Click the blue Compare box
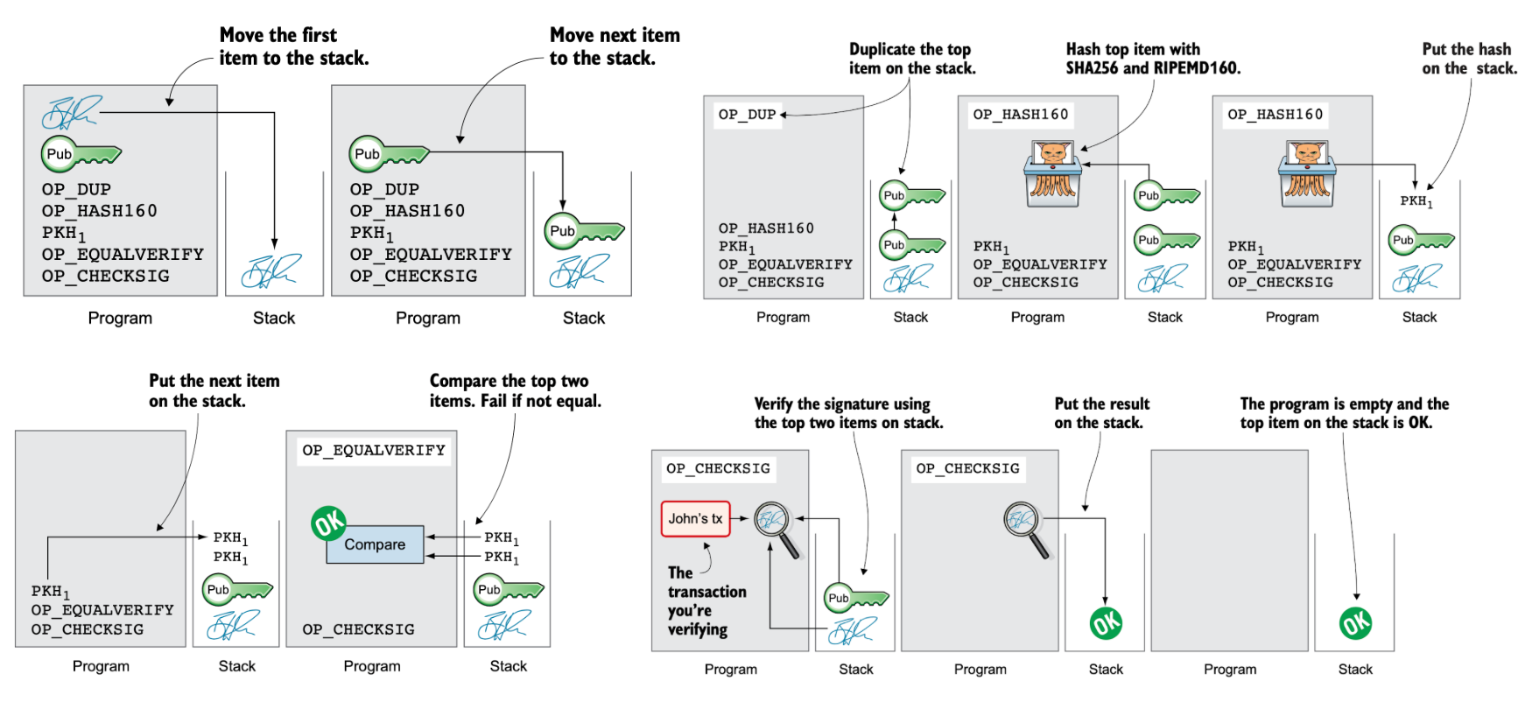(375, 544)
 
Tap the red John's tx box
(695, 518)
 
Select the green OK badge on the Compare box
(328, 523)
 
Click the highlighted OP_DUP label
(747, 115)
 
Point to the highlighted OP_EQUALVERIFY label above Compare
(374, 450)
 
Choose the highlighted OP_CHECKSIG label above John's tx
(718, 468)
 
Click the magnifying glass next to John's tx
(775, 523)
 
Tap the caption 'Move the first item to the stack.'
(293, 46)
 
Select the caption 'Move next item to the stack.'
(614, 46)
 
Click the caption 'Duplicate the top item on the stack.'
(911, 59)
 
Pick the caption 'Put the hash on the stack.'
(1469, 59)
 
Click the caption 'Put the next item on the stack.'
(214, 390)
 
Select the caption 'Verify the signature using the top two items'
(848, 413)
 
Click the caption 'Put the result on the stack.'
(1101, 413)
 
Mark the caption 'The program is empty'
(1344, 404)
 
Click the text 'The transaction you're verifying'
(706, 601)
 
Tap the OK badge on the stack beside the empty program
(1355, 623)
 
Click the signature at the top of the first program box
(72, 112)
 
